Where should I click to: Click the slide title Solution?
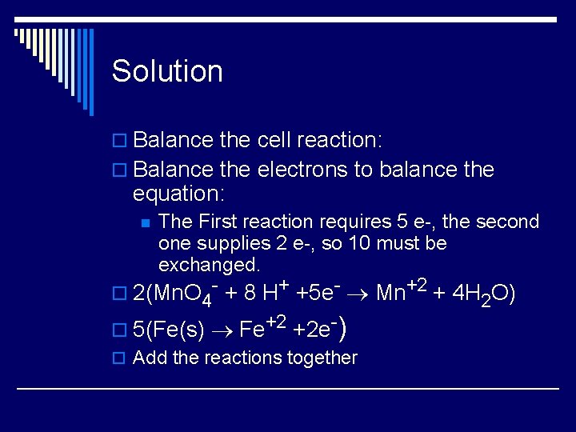click(167, 71)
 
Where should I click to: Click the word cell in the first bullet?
click(275, 140)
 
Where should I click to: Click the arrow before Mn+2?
click(359, 294)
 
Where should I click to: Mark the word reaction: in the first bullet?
click(340, 140)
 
